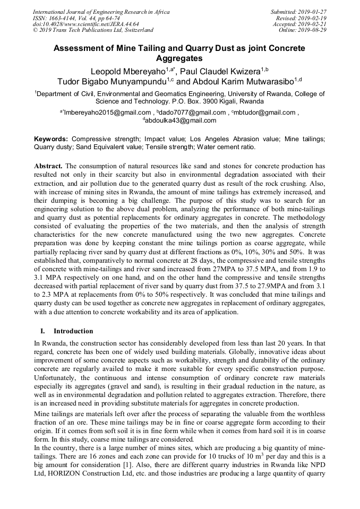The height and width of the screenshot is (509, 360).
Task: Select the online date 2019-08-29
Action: point(314,30)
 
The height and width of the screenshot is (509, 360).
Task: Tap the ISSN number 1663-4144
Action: point(64,18)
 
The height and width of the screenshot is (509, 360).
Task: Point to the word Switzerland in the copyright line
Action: point(136,30)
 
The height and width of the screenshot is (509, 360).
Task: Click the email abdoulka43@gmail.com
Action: point(181,120)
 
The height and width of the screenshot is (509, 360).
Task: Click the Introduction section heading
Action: point(73,331)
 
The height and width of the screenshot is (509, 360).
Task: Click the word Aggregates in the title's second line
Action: point(179,58)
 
